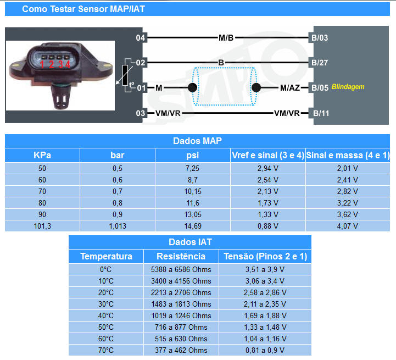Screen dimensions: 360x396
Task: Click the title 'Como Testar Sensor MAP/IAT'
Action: click(x=83, y=9)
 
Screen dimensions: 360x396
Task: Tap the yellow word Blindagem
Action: click(x=348, y=87)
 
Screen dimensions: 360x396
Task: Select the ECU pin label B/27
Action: click(x=320, y=63)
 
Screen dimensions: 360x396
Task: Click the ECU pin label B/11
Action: click(x=320, y=113)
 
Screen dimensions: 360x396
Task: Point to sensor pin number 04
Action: click(x=141, y=38)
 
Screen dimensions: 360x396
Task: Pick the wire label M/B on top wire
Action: click(x=226, y=38)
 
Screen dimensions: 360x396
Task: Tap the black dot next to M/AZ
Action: click(x=256, y=87)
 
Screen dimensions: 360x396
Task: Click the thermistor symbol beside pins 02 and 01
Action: click(x=126, y=75)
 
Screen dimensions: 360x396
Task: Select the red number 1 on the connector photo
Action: click(x=42, y=64)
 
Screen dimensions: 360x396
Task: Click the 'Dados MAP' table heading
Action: click(x=197, y=141)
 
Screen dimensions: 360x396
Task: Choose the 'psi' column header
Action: click(x=192, y=155)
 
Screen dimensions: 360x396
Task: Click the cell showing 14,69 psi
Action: click(x=192, y=225)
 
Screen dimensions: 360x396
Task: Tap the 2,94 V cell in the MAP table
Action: click(x=267, y=167)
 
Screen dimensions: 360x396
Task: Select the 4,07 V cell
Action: click(x=347, y=225)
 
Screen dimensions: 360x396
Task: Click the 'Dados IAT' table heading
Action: click(x=190, y=242)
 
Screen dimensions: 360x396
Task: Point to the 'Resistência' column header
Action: click(x=181, y=256)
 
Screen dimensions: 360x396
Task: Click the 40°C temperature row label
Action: click(x=106, y=315)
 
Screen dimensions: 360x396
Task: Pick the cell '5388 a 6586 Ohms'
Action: click(x=181, y=269)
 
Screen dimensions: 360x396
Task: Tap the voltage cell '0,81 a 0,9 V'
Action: click(x=265, y=350)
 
